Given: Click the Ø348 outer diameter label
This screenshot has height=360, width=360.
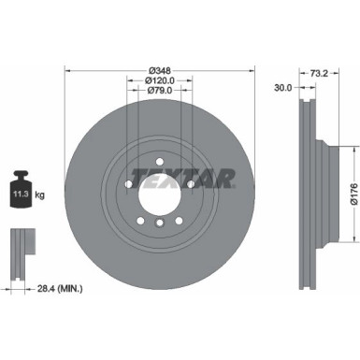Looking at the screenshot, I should click(158, 70).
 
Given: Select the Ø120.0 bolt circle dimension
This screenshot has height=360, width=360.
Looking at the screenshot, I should click(158, 81).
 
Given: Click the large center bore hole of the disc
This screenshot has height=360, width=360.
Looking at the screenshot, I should click(159, 199).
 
